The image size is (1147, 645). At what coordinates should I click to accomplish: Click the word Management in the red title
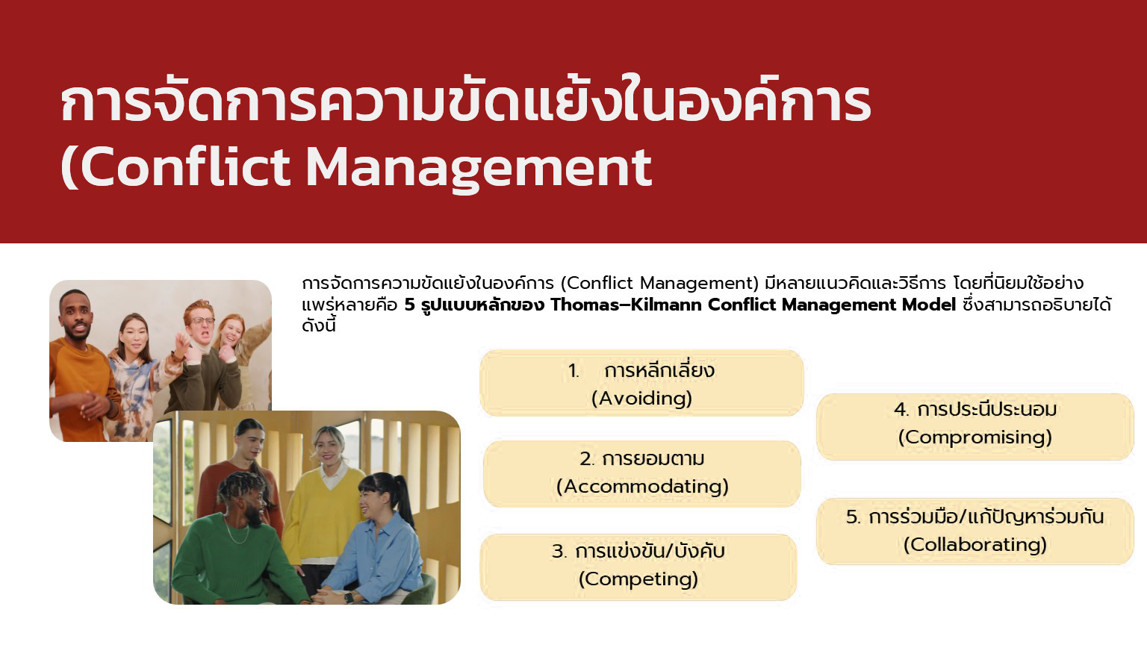(x=479, y=167)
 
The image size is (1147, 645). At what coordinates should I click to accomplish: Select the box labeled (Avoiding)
(x=641, y=383)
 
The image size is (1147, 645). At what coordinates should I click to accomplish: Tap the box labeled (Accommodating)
(x=642, y=473)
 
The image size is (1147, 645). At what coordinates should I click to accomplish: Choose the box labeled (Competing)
(x=638, y=567)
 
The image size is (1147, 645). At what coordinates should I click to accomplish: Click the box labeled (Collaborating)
(x=975, y=531)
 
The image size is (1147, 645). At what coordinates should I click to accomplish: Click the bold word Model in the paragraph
(x=929, y=305)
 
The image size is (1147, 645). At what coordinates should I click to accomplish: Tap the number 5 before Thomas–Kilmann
(x=409, y=305)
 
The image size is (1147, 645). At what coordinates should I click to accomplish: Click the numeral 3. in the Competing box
(x=559, y=552)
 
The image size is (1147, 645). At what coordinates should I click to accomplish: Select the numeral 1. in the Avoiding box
(x=573, y=371)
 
